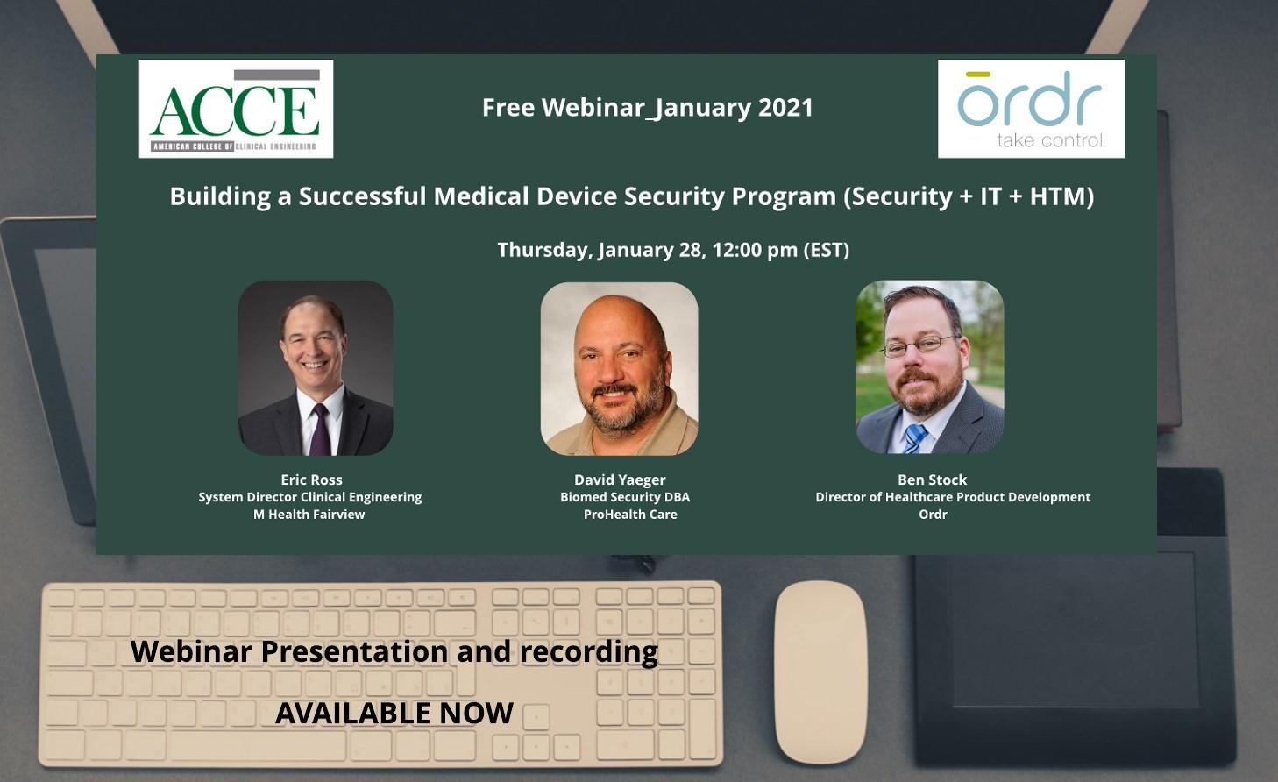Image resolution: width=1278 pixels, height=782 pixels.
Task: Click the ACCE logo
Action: point(236,109)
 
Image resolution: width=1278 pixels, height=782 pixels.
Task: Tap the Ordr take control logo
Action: point(1031,109)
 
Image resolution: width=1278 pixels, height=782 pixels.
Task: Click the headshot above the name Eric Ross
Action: point(316,367)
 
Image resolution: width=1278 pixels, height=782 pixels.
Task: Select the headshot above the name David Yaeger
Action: point(619,368)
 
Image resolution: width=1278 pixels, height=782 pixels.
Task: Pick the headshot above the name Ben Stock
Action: point(929,366)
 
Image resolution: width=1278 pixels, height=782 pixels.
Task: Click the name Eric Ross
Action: point(311,480)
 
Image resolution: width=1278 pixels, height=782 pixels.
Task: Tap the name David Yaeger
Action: point(620,480)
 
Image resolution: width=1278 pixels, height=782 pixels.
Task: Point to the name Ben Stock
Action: point(933,480)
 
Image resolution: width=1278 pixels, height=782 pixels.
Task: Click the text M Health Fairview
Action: point(309,515)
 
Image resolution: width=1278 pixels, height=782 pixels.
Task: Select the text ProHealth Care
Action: point(630,515)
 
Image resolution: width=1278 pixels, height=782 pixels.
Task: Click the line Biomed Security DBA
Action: point(625,497)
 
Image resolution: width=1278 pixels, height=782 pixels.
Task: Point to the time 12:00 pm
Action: point(755,250)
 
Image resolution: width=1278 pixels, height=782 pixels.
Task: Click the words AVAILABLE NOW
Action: point(394,713)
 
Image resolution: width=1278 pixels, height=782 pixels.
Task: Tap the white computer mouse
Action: point(820,672)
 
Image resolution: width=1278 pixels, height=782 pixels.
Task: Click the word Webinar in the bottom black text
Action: point(191,651)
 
